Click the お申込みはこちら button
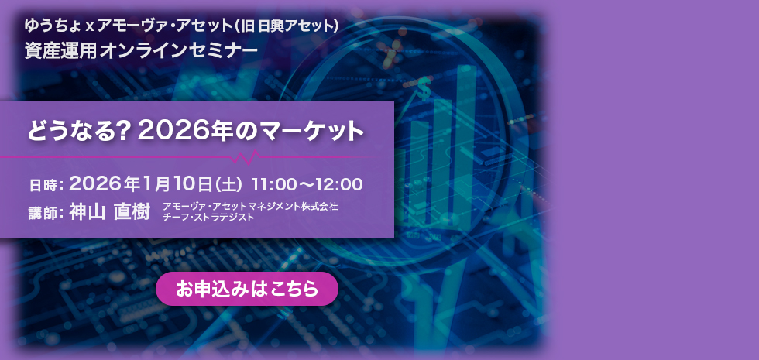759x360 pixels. click(x=247, y=289)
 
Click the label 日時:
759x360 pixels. click(x=46, y=186)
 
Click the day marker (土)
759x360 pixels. click(x=230, y=185)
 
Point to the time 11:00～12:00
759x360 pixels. click(x=307, y=185)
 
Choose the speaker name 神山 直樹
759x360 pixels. click(x=109, y=211)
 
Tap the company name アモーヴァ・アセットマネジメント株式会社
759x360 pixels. click(x=250, y=207)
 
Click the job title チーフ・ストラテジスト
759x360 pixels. click(x=208, y=218)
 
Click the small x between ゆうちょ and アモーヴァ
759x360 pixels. click(x=90, y=26)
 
